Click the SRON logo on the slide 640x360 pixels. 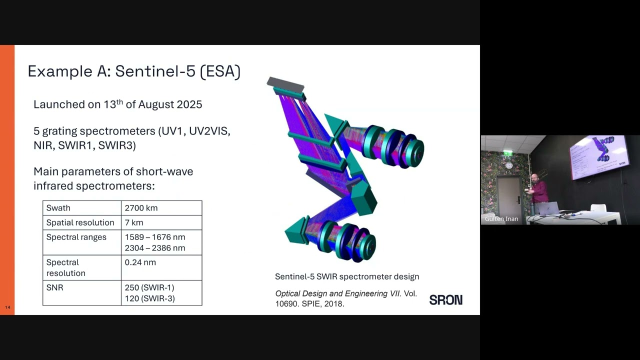tap(445, 300)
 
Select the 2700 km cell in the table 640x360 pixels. tap(141, 208)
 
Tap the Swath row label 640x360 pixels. tap(58, 208)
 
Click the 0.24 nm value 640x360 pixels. tap(140, 262)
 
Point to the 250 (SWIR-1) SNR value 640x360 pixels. tap(149, 288)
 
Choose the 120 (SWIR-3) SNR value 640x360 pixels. tap(149, 298)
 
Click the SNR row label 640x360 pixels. tap(55, 288)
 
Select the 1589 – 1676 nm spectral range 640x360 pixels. tap(155, 237)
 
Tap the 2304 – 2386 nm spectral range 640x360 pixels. tap(155, 248)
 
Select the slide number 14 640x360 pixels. tap(7, 307)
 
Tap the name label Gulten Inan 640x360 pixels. tap(501, 219)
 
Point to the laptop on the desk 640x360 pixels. tap(548, 208)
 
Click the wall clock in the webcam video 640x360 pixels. tap(508, 164)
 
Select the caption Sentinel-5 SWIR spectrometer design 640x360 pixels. tap(347, 276)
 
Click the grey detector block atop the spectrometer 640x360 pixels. tap(285, 85)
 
